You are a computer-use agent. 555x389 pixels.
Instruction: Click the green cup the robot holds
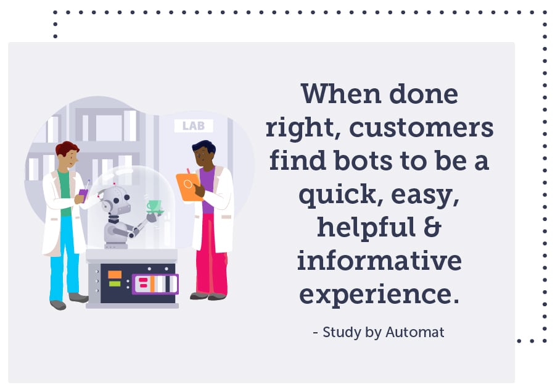(x=153, y=205)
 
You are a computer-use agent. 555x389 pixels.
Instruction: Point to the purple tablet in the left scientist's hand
(x=83, y=194)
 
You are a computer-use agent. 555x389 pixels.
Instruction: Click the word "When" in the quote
(x=336, y=94)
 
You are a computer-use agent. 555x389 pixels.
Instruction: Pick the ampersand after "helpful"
(x=434, y=227)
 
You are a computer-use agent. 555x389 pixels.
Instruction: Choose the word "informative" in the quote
(x=379, y=261)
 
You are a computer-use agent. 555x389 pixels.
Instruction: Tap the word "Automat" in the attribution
(x=415, y=332)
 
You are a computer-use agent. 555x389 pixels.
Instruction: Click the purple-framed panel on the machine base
(x=155, y=284)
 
